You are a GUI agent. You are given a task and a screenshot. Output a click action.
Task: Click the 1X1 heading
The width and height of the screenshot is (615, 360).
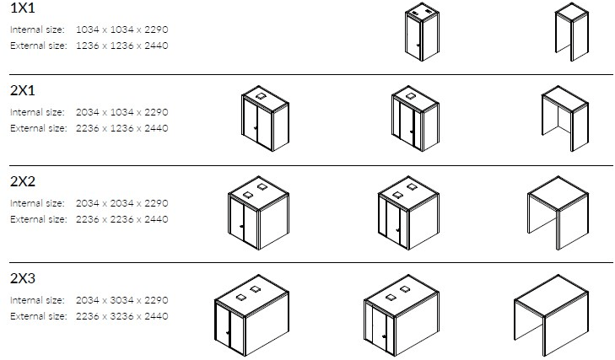click(x=23, y=8)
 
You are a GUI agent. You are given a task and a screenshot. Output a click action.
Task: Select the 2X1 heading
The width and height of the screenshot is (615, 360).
click(x=23, y=90)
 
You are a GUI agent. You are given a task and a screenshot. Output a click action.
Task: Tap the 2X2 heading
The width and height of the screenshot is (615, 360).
click(x=23, y=181)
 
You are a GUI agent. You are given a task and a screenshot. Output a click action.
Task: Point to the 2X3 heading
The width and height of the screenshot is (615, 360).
click(x=23, y=278)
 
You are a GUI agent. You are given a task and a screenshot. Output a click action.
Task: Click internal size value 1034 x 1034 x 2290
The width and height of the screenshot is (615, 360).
click(x=122, y=30)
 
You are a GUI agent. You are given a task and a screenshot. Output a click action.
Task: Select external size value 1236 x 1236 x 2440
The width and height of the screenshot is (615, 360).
click(x=122, y=46)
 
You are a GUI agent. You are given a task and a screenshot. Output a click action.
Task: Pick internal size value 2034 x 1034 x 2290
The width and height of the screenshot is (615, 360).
click(x=122, y=112)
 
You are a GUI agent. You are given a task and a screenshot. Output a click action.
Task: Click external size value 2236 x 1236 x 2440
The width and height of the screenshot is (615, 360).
click(x=122, y=128)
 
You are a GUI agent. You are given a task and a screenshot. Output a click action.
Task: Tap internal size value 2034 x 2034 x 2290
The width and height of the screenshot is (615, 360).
click(x=122, y=203)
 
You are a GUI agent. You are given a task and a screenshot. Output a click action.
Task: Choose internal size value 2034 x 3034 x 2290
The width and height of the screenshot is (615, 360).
click(x=122, y=300)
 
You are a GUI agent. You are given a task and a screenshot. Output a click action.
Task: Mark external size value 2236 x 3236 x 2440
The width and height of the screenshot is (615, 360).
click(x=122, y=316)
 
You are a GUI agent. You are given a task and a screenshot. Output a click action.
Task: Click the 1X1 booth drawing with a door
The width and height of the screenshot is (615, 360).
click(x=422, y=32)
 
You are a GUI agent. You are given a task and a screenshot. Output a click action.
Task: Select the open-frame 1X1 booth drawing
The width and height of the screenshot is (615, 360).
click(x=572, y=32)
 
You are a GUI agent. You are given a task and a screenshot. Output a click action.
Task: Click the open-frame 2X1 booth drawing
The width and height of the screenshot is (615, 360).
click(x=565, y=118)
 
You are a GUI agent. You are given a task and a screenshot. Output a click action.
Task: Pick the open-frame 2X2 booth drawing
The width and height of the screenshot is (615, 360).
click(x=558, y=213)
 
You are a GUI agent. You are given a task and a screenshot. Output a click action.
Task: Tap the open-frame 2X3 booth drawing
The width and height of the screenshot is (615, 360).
click(x=551, y=315)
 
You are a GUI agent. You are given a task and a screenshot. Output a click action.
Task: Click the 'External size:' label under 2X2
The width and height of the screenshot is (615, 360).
click(x=39, y=219)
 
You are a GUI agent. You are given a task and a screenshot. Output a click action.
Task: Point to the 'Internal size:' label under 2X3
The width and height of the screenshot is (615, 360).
click(x=37, y=300)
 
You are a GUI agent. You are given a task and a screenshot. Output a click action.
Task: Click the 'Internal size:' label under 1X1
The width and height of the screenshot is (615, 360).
click(x=37, y=30)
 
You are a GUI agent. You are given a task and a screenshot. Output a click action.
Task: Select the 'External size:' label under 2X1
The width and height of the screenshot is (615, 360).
click(x=39, y=128)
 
